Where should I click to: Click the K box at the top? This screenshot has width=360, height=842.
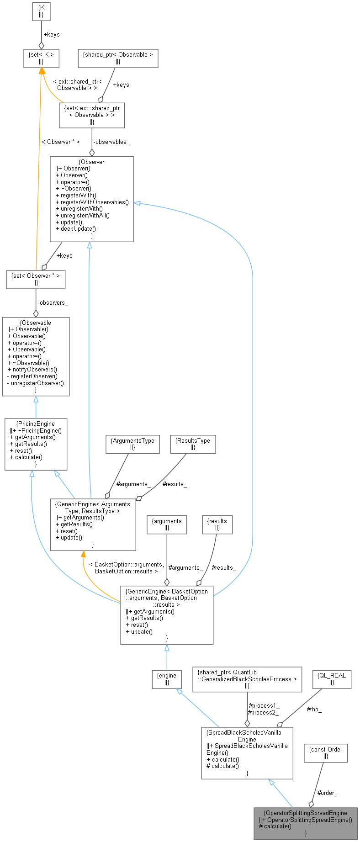41,12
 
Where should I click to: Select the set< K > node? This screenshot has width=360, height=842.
41,58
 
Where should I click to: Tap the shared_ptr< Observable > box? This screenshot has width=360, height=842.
118,58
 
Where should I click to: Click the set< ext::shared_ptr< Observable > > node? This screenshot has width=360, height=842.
92,115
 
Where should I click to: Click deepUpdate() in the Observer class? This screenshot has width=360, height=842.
78,228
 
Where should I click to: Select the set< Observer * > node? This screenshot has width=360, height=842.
36,279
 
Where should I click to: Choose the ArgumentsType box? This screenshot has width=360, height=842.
132,444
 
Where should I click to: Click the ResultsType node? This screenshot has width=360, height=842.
193,444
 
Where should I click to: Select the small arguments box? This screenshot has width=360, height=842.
167,524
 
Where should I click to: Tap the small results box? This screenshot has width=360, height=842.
217,524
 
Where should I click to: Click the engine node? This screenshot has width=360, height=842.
167,678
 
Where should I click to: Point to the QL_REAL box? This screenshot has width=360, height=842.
332,678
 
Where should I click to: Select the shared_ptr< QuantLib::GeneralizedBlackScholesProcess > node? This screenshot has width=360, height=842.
247,679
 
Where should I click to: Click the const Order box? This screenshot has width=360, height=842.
326,752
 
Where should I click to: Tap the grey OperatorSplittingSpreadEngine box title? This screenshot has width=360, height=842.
305,813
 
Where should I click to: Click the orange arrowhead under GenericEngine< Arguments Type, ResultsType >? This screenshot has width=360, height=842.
83,554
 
